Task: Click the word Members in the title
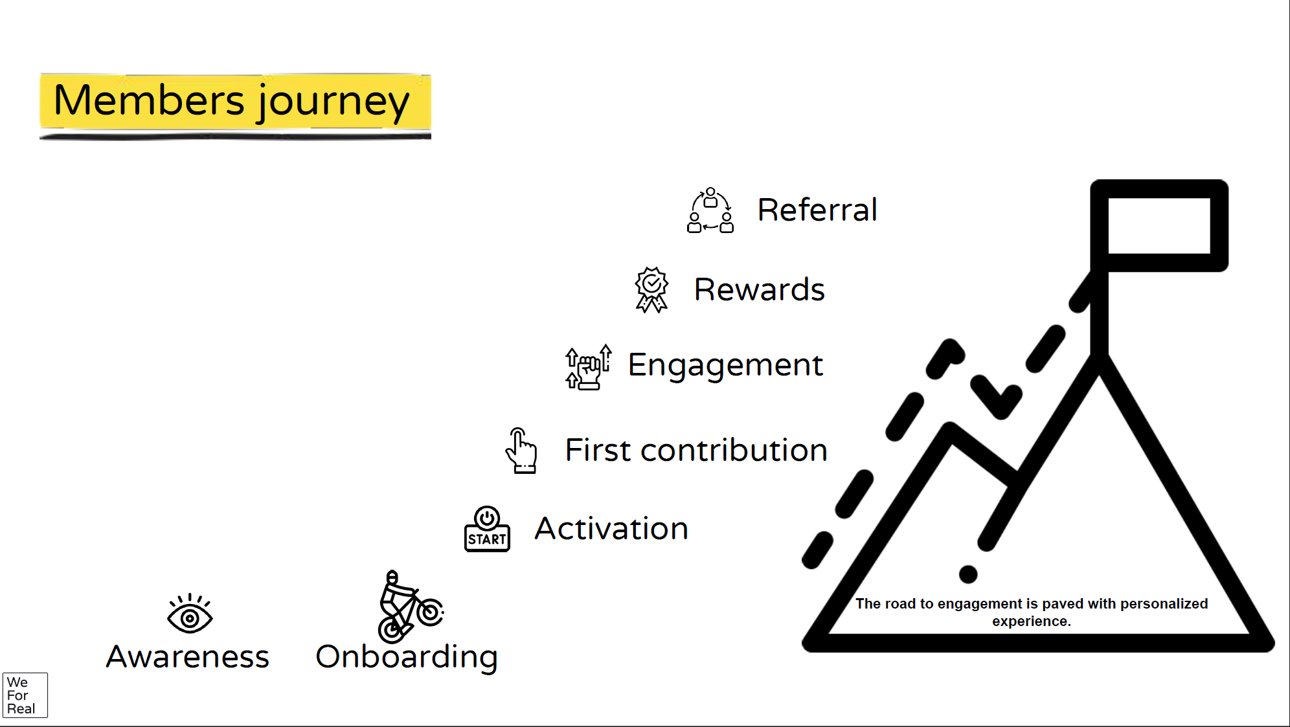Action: coord(149,100)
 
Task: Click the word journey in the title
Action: coord(334,104)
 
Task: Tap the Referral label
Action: coord(817,210)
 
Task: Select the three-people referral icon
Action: coord(710,210)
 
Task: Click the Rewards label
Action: coord(760,289)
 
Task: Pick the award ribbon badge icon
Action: coord(651,289)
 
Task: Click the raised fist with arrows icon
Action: coord(588,367)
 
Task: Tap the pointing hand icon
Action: coord(521,451)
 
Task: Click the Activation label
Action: coord(611,528)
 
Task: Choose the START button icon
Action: coord(487,529)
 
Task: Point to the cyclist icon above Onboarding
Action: coord(410,607)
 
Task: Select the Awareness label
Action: coord(188,656)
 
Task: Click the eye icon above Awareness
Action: coord(190,613)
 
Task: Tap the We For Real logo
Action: coord(25,695)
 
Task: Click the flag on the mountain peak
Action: coord(1159,226)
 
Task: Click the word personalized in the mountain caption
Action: coord(1164,604)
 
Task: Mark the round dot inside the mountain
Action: coord(968,574)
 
